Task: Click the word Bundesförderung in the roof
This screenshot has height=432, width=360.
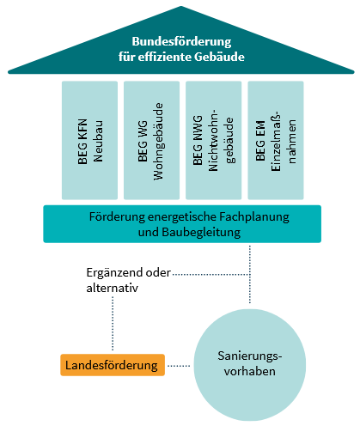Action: click(x=181, y=41)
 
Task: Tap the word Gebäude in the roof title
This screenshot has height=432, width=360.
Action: click(x=219, y=57)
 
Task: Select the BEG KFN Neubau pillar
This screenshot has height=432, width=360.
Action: click(x=89, y=140)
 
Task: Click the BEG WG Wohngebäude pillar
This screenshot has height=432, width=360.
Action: click(x=151, y=140)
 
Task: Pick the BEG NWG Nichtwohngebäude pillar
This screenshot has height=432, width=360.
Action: click(x=214, y=140)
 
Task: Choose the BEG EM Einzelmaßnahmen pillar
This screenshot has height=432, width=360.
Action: click(x=276, y=140)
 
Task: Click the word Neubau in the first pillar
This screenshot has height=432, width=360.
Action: click(x=98, y=142)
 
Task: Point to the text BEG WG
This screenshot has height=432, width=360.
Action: click(x=143, y=141)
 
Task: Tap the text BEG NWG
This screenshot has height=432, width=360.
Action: click(x=198, y=140)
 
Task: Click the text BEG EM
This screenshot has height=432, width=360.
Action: click(x=260, y=141)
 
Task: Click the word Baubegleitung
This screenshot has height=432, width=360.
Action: click(x=201, y=232)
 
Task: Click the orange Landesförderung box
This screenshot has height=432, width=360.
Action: click(x=113, y=365)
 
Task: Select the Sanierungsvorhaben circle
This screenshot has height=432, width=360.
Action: click(x=250, y=365)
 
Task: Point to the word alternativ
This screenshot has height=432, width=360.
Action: click(x=112, y=288)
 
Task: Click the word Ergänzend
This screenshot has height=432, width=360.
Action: click(x=114, y=273)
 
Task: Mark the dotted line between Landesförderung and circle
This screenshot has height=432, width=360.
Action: click(x=179, y=366)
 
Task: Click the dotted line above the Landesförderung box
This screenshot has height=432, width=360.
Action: click(x=113, y=324)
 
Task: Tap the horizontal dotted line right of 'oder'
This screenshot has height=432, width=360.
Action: click(x=211, y=275)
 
